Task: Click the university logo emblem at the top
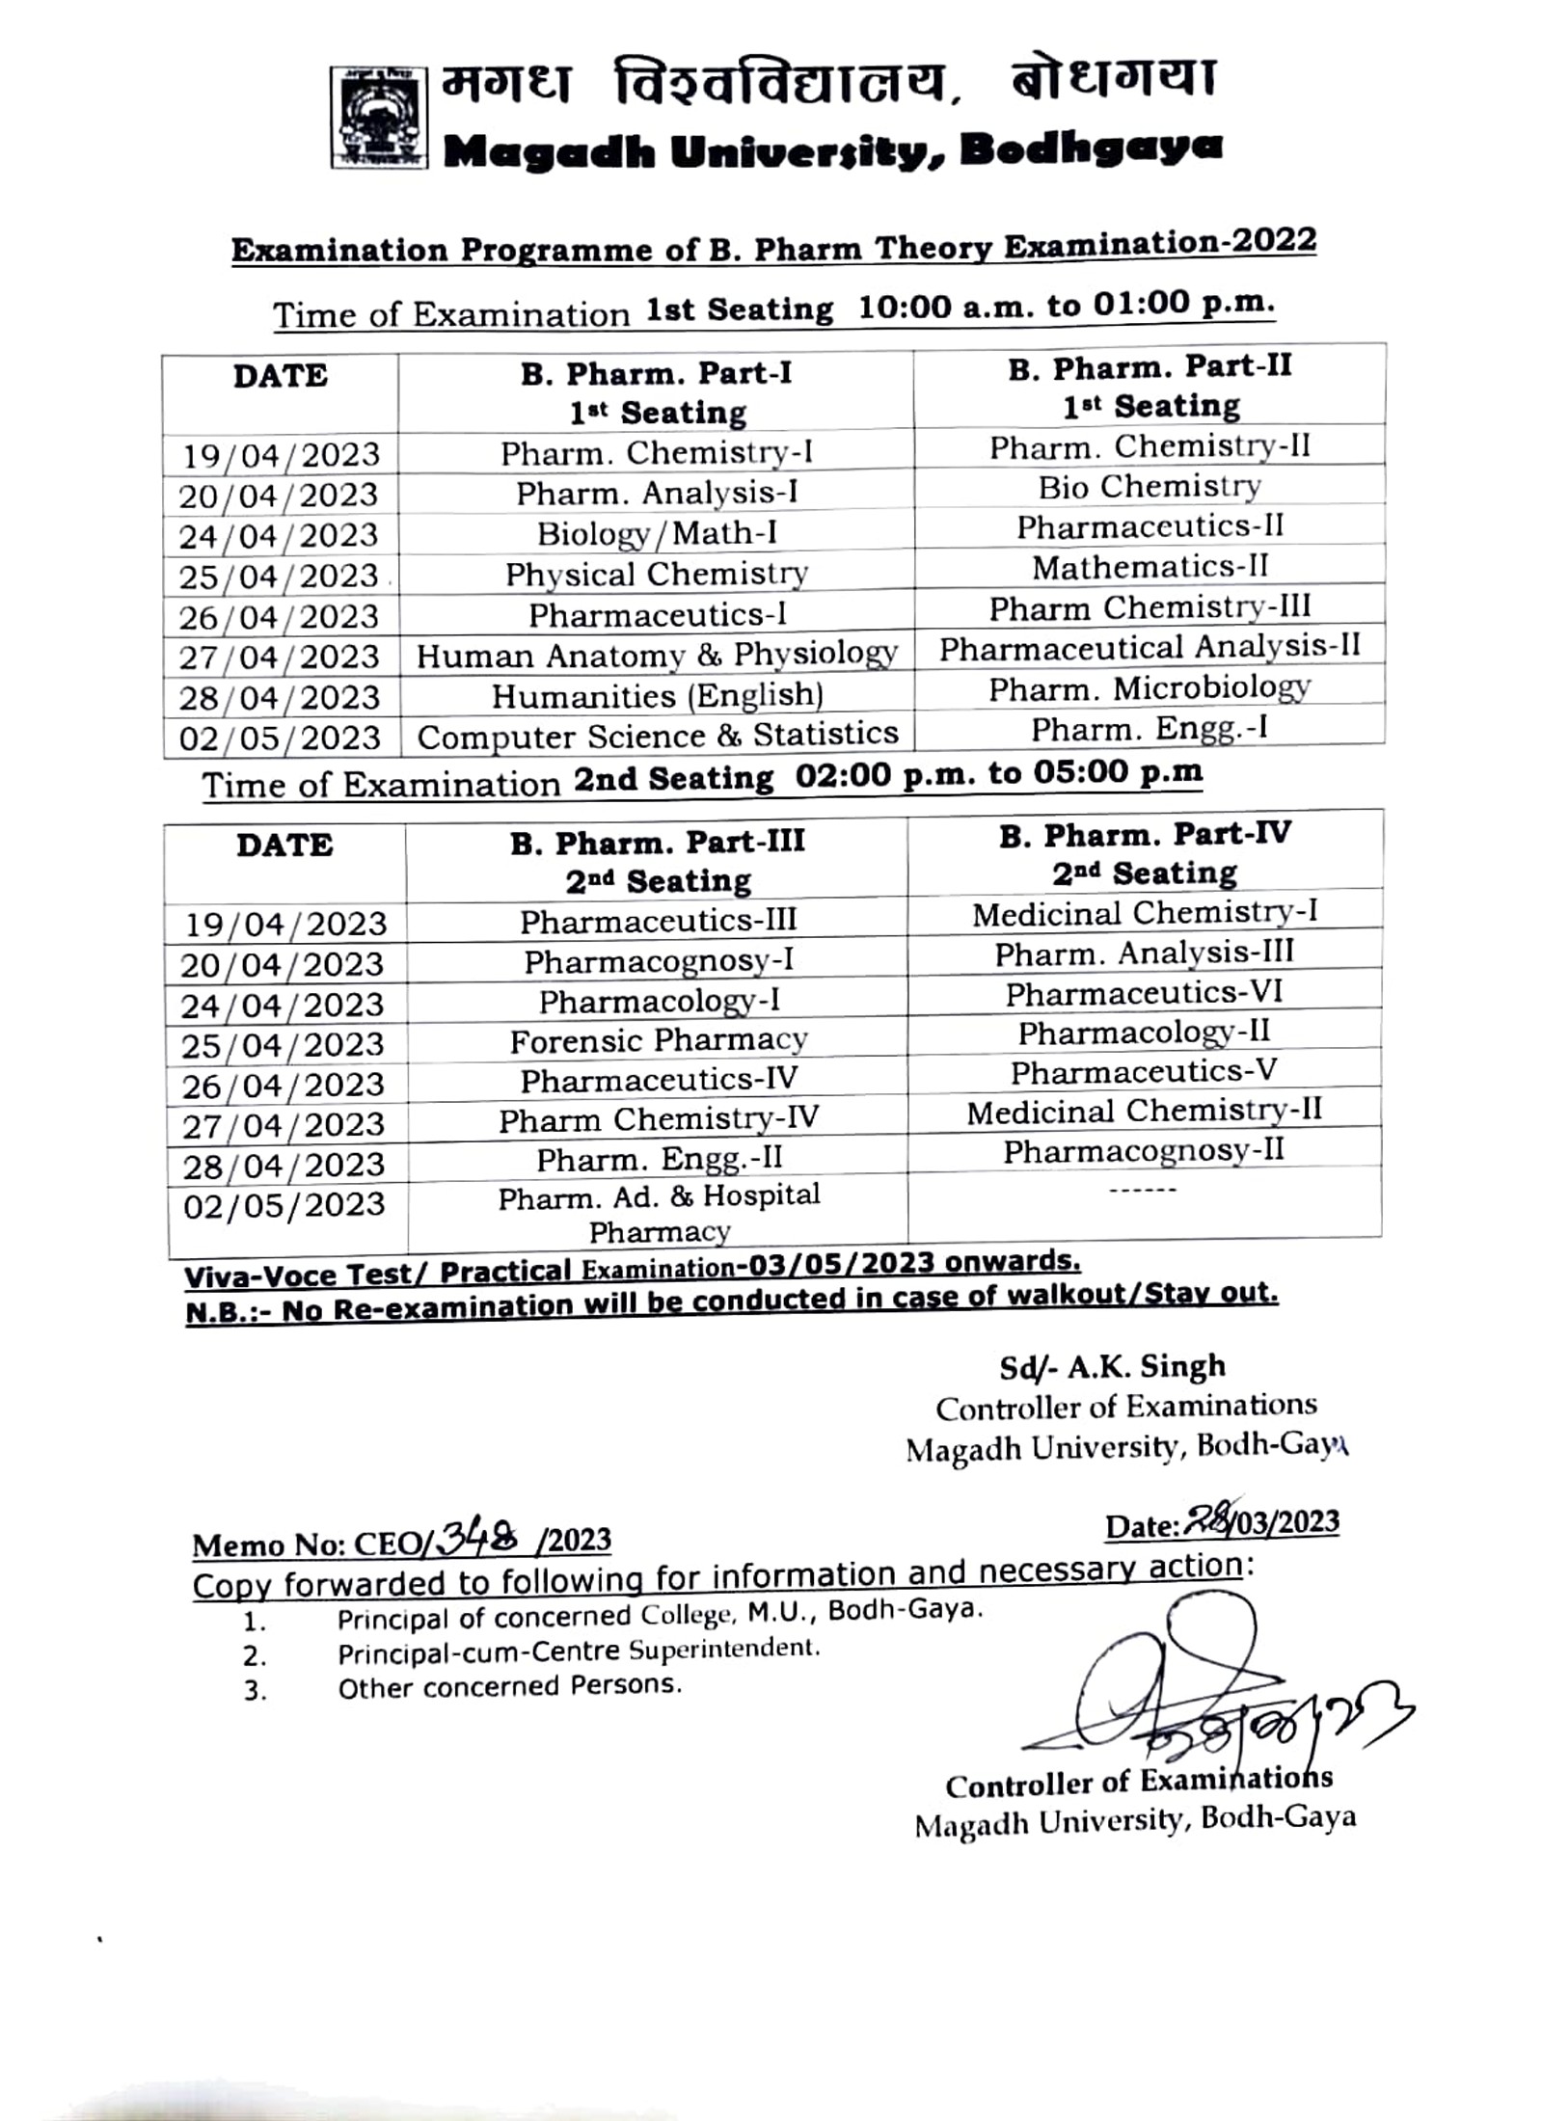[379, 118]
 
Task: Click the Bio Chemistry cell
[1149, 487]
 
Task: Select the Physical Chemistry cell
[656, 575]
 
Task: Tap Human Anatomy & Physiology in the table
[656, 656]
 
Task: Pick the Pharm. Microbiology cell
[1149, 688]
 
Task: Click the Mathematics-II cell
[1150, 567]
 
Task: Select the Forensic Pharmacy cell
[658, 1041]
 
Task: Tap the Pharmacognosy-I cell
[658, 961]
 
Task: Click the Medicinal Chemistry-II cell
[1144, 1112]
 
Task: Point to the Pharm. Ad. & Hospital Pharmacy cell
[659, 1213]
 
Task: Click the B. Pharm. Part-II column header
[1150, 386]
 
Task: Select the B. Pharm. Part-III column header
[658, 861]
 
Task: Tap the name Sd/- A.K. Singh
[1112, 1367]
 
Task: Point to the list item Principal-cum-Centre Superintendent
[578, 1651]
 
